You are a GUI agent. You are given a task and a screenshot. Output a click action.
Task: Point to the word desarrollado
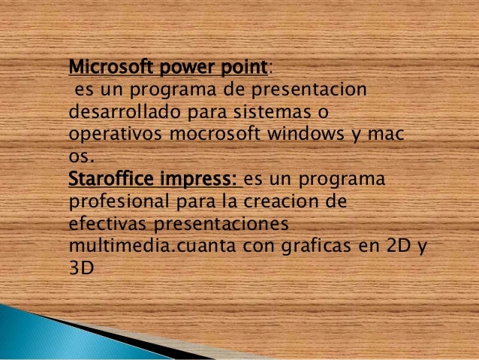tap(114, 114)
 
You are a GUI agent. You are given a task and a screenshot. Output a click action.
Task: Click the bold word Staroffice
tap(113, 181)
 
